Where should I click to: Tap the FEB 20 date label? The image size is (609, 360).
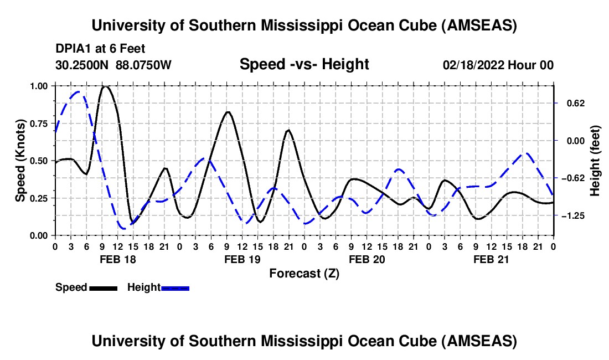pos(367,259)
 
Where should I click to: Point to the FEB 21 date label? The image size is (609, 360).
pos(491,259)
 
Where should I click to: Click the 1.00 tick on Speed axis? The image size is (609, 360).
pos(39,86)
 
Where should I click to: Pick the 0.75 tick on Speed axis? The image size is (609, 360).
pos(39,123)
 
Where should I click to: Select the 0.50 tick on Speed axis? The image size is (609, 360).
pos(39,161)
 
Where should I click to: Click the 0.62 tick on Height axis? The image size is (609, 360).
pos(569,104)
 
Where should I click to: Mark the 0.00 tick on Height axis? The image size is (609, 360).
pos(569,141)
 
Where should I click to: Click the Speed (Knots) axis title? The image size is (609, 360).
pos(20,161)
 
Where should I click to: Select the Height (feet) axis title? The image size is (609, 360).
pos(595,161)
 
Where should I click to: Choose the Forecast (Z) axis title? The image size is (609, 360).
pos(304,273)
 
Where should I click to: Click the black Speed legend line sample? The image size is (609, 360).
pos(103,288)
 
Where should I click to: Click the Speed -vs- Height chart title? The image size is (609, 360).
pos(304,64)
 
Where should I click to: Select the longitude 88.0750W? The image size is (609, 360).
pos(143,65)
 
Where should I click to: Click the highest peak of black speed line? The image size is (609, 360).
pos(105,86)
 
